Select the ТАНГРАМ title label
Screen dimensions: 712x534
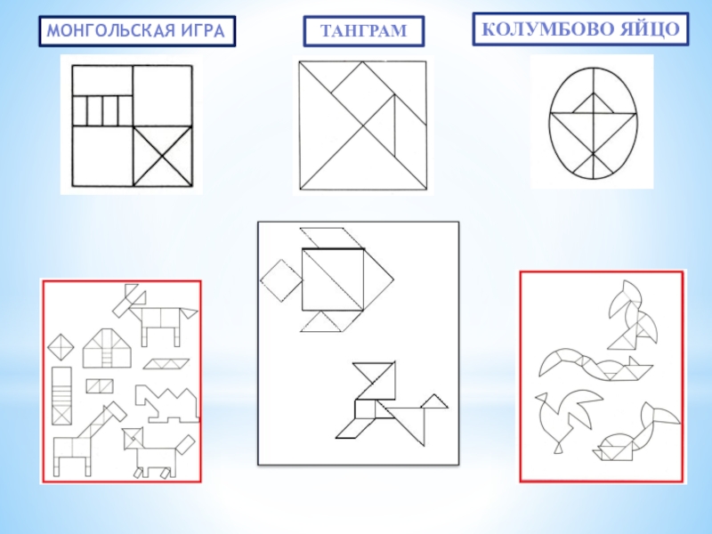click(364, 31)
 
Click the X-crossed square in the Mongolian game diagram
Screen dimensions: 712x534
click(163, 157)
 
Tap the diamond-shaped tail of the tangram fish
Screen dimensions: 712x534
click(281, 280)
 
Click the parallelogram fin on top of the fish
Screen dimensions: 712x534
click(332, 238)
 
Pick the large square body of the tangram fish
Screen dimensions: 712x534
click(333, 279)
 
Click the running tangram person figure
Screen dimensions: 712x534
click(392, 403)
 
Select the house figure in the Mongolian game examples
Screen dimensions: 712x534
click(107, 348)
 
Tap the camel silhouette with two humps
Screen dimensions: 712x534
click(166, 404)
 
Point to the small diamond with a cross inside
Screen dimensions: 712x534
click(61, 347)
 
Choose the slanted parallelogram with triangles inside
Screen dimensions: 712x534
click(166, 364)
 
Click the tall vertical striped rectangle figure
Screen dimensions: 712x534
click(61, 396)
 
